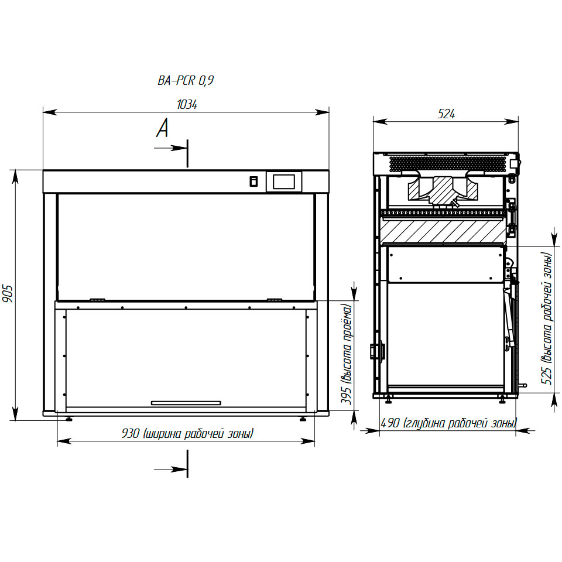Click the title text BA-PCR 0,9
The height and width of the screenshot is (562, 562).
(x=186, y=80)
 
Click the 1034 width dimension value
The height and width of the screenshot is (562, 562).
(x=187, y=105)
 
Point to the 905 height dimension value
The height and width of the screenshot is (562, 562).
(x=8, y=294)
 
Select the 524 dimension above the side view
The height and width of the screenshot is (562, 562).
(x=446, y=114)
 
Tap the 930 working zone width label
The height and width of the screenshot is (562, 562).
(x=188, y=434)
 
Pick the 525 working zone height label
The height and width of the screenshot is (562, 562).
(x=547, y=318)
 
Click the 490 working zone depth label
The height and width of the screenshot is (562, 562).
(x=449, y=423)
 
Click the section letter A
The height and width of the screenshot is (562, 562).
(x=162, y=128)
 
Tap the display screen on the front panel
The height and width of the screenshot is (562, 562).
(x=284, y=181)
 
